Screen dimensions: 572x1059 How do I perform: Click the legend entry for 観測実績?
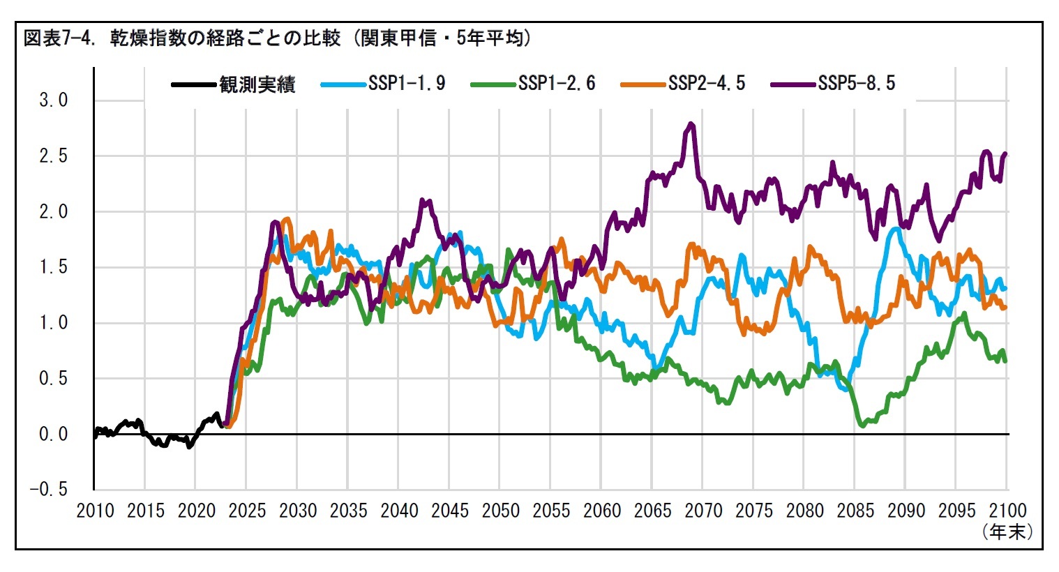257,84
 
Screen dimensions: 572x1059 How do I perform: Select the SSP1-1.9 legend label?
407,84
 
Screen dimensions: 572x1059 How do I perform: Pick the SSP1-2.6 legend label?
557,84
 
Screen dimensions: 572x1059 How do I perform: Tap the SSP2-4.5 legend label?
706,84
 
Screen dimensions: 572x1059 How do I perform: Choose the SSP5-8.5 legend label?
856,84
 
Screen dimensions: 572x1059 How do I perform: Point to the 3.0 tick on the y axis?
54,100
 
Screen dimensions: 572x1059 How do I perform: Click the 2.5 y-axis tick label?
54,156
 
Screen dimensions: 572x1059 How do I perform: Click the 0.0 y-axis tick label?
54,435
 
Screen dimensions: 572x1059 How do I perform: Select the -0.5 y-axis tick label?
49,490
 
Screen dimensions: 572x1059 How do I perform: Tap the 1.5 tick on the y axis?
54,267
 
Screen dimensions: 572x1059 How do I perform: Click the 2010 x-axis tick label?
95,511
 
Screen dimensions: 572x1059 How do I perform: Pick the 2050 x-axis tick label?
500,511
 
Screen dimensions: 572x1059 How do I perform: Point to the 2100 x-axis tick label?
1007,511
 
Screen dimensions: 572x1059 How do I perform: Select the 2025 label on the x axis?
247,511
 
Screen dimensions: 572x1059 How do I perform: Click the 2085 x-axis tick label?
855,511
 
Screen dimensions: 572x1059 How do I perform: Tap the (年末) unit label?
1007,532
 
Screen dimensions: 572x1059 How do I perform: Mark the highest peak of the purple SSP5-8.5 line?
691,124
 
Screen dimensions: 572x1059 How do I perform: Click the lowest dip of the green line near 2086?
863,424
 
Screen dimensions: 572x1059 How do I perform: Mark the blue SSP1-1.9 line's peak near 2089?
894,228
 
